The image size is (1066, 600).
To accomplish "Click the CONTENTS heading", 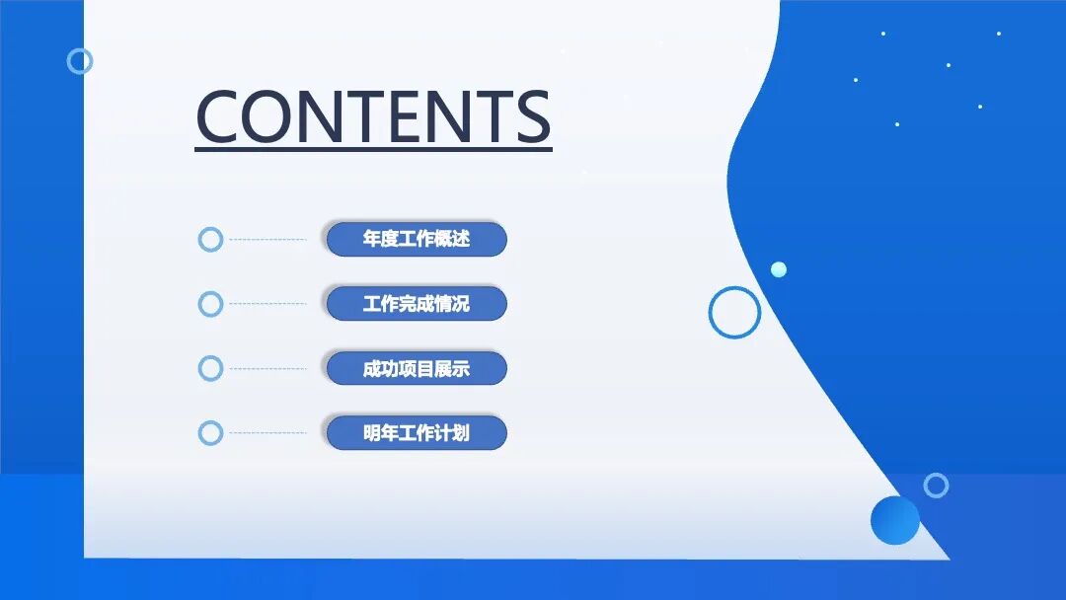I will pyautogui.click(x=373, y=116).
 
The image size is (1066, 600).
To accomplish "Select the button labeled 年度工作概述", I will pyautogui.click(x=416, y=239).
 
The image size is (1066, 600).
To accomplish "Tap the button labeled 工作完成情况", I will pyautogui.click(x=416, y=304).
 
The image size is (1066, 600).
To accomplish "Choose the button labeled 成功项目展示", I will pyautogui.click(x=416, y=369).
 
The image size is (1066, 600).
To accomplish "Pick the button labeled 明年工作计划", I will pyautogui.click(x=416, y=433).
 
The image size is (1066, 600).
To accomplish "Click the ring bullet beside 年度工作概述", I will pyautogui.click(x=210, y=239).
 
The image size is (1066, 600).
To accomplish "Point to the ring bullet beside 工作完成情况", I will pyautogui.click(x=210, y=304).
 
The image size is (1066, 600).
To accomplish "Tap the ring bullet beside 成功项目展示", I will pyautogui.click(x=210, y=369).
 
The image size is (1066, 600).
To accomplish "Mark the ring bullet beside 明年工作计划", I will pyautogui.click(x=210, y=433).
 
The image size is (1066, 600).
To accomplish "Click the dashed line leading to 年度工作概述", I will pyautogui.click(x=267, y=239).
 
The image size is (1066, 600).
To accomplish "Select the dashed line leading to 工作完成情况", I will pyautogui.click(x=267, y=304).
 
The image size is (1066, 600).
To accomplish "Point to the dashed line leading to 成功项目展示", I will pyautogui.click(x=267, y=369).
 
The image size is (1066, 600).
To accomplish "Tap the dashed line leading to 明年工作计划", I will pyautogui.click(x=267, y=433).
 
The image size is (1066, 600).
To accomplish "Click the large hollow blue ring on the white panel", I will pyautogui.click(x=734, y=312).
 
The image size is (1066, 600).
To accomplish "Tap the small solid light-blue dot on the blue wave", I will pyautogui.click(x=779, y=269).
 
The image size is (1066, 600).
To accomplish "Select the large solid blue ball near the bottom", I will pyautogui.click(x=895, y=520).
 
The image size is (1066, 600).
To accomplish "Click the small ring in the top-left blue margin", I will pyautogui.click(x=80, y=61).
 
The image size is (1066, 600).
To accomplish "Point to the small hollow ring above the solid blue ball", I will pyautogui.click(x=936, y=486).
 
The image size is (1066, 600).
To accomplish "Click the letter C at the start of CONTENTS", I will pyautogui.click(x=222, y=116).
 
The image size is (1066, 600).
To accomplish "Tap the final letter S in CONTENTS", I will pyautogui.click(x=532, y=116).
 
